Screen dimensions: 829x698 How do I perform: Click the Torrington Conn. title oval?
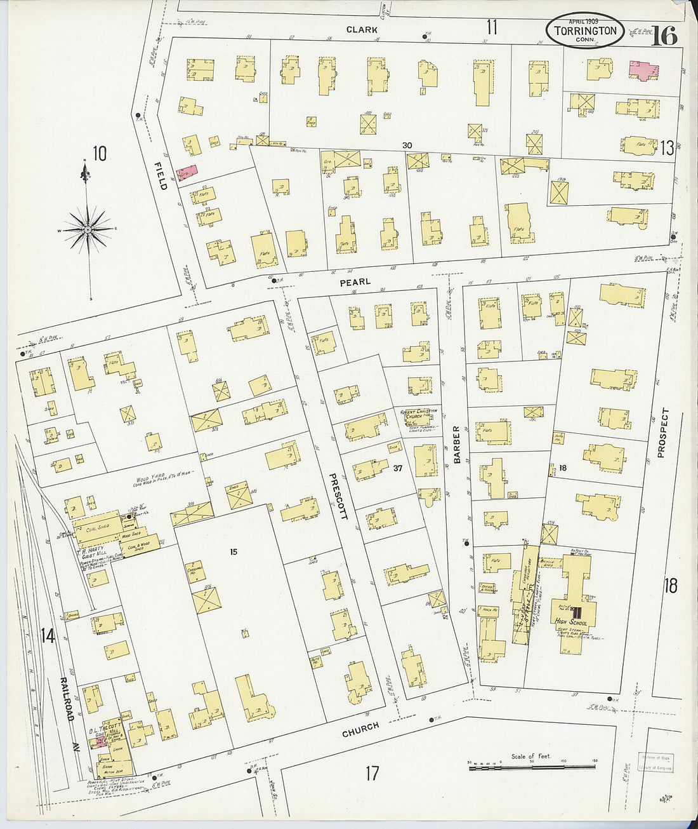tap(584, 30)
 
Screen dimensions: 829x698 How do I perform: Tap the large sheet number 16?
tap(664, 36)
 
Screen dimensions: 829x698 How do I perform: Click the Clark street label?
tap(362, 30)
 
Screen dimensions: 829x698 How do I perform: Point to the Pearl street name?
tap(355, 282)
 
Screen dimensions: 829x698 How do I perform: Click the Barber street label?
tap(456, 445)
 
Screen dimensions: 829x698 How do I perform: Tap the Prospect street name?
tap(664, 433)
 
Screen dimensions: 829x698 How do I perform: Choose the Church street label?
tap(360, 729)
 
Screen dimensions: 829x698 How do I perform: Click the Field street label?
tap(162, 175)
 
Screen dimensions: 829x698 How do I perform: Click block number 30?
tap(407, 145)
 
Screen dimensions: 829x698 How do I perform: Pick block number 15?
tap(234, 551)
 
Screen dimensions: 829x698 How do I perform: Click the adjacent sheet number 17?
tap(372, 773)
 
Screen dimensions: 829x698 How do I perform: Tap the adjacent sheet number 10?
tap(100, 154)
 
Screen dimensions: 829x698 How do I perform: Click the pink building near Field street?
tap(187, 172)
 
